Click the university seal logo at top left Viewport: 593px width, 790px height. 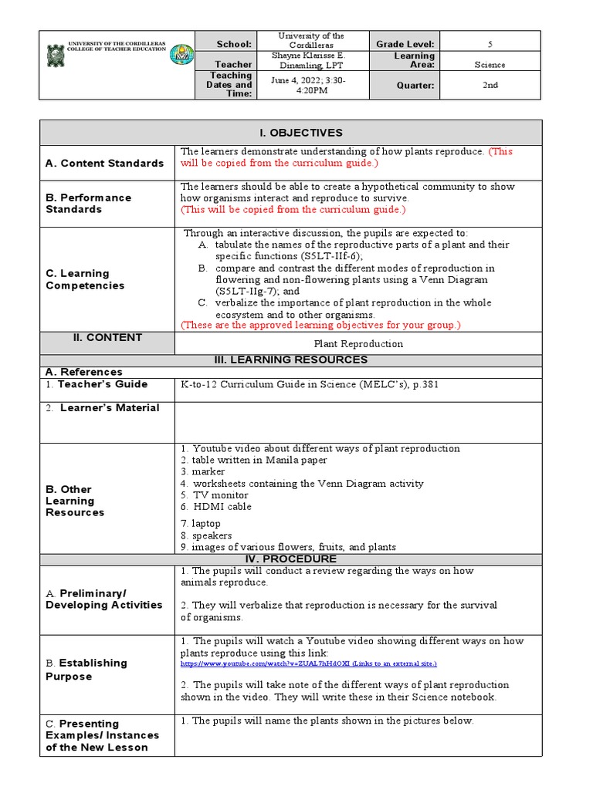click(x=56, y=54)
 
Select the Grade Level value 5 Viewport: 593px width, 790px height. click(x=490, y=44)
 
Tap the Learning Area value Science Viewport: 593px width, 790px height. click(x=490, y=66)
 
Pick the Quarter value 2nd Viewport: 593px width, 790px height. click(x=490, y=86)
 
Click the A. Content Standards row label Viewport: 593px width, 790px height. click(x=104, y=164)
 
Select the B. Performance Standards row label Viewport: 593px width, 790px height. click(x=88, y=204)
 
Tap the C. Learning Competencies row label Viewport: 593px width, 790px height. click(x=85, y=279)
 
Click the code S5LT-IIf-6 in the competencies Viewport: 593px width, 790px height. click(x=333, y=256)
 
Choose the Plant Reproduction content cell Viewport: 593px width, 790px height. click(x=358, y=344)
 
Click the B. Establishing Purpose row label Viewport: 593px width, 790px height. click(x=86, y=670)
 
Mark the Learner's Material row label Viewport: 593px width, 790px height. click(x=103, y=408)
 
